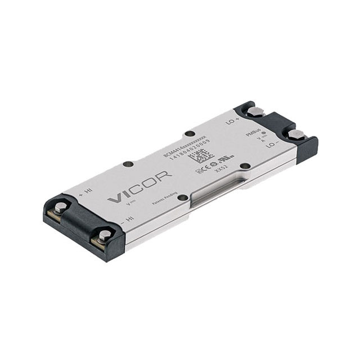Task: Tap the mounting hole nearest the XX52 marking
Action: coord(245,166)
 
